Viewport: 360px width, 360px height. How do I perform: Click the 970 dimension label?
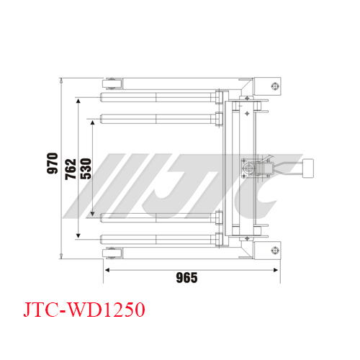53,163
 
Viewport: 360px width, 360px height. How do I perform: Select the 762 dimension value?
71,169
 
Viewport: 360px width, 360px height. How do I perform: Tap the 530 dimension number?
86,168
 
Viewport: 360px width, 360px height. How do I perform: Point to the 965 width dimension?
186,278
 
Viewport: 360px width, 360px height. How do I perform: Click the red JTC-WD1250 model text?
84,310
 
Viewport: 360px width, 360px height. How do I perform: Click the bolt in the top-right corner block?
275,86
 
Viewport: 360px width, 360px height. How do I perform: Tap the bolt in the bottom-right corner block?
275,251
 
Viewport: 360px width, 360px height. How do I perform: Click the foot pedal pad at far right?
308,168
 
